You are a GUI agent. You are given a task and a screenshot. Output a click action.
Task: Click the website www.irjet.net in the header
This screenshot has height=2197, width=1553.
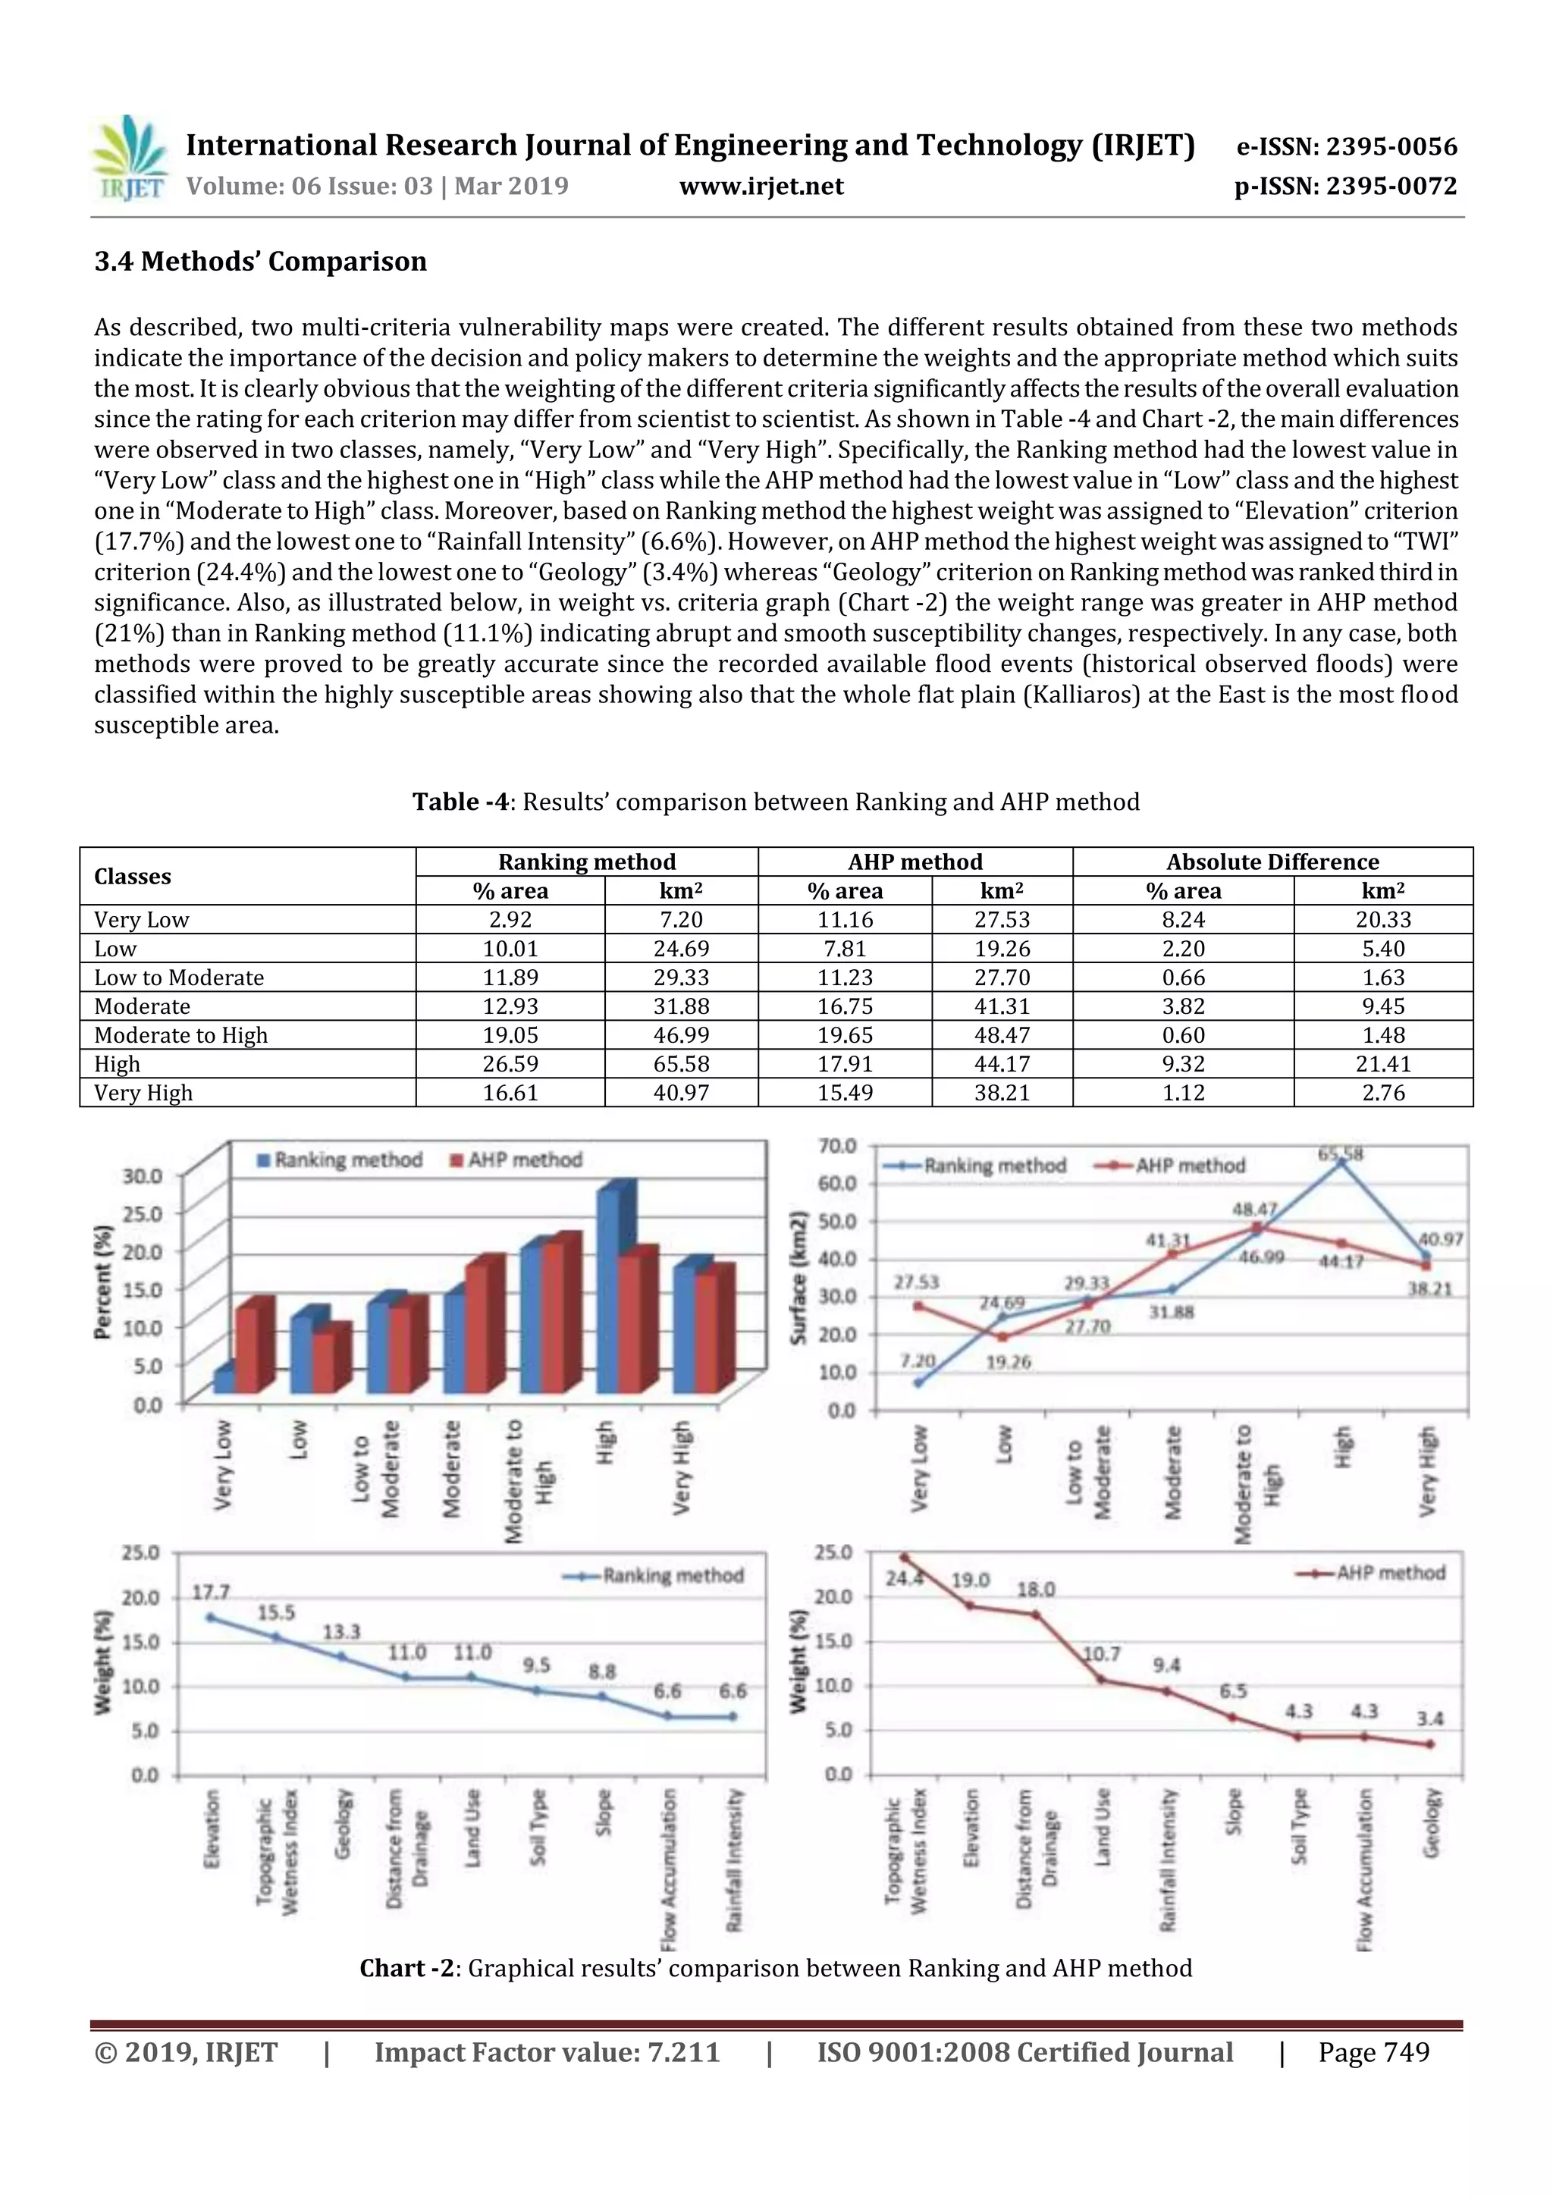coord(761,187)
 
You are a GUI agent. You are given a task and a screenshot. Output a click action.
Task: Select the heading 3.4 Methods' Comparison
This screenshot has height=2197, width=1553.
coord(260,261)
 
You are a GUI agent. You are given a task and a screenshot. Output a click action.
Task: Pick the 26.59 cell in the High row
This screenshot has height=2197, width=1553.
coord(510,1064)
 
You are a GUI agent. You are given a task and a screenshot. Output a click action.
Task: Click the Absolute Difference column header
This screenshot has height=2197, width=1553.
coord(1272,862)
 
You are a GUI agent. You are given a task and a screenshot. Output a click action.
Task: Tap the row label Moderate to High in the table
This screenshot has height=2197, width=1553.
coord(180,1035)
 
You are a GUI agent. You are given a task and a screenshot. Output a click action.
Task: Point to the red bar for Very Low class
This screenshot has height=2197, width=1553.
coord(247,1348)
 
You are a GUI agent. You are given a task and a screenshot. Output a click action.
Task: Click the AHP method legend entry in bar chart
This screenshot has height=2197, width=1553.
coord(516,1160)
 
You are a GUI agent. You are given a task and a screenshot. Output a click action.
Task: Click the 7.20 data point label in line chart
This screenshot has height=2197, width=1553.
coord(918,1360)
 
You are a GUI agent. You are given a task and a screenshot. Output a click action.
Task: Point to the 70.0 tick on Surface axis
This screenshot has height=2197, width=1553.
coord(838,1145)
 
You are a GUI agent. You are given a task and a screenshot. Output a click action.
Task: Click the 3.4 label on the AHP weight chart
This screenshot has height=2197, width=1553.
coord(1429,1718)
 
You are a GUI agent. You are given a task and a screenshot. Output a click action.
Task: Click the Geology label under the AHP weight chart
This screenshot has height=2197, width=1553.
coord(1430,1823)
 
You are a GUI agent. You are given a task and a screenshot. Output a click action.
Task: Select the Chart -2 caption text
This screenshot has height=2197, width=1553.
coord(775,1968)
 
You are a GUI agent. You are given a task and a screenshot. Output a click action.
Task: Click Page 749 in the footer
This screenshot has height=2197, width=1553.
coord(1373,2052)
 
